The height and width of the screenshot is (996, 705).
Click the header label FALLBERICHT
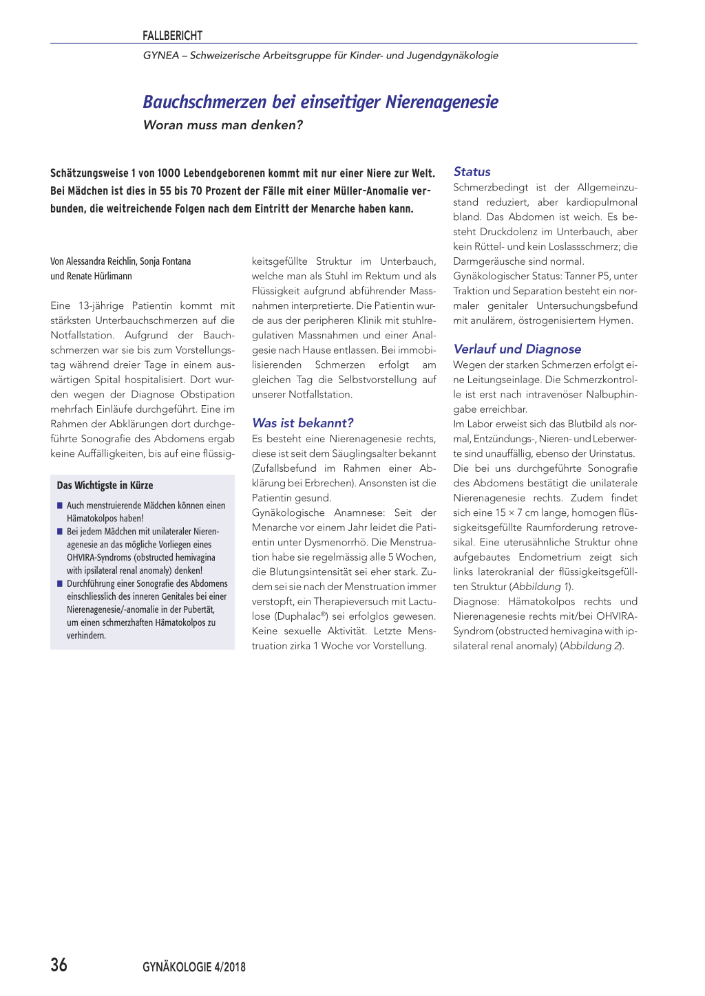click(172, 36)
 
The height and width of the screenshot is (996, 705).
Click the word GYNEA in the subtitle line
click(160, 56)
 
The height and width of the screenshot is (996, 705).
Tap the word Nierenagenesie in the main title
click(441, 102)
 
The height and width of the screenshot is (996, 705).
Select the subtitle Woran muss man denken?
click(223, 125)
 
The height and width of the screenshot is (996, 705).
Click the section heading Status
click(472, 172)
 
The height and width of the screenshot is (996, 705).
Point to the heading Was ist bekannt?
click(302, 423)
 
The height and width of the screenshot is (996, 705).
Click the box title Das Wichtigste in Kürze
click(105, 486)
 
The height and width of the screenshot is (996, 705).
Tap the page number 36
click(59, 965)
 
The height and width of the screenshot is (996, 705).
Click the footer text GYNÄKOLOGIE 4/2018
click(194, 967)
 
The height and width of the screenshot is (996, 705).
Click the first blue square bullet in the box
click(60, 506)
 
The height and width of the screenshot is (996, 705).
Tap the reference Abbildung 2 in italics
click(591, 646)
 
